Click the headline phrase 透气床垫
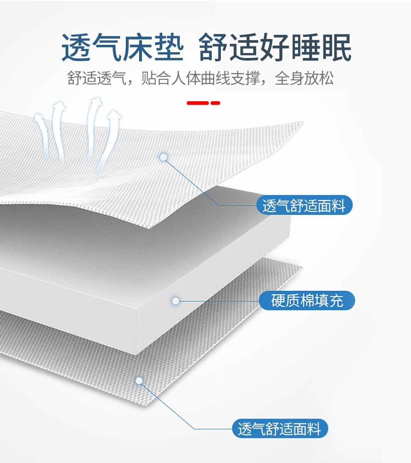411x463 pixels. click(x=122, y=48)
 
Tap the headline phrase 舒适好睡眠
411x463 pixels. click(x=275, y=48)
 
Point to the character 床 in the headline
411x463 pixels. click(x=138, y=48)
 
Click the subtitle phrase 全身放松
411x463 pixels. click(x=304, y=78)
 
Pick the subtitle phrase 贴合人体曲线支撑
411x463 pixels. click(x=200, y=78)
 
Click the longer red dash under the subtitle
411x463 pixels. click(x=198, y=103)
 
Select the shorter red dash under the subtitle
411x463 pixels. click(x=215, y=103)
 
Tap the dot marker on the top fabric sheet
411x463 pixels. click(x=164, y=157)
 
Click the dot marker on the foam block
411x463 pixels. click(x=176, y=301)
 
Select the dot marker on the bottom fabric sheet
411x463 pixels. click(x=139, y=380)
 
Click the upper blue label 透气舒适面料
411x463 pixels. click(x=304, y=205)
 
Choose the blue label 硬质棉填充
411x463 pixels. click(x=307, y=301)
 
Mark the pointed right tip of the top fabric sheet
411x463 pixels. click(x=303, y=122)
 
